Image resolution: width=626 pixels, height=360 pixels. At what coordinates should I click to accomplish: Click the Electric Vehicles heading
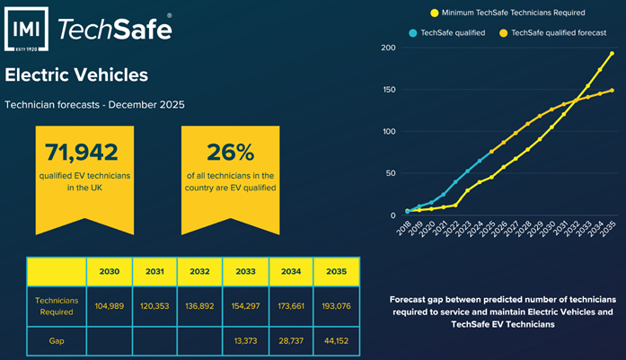coord(76,75)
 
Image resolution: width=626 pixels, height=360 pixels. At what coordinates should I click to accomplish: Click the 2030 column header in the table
coord(109,271)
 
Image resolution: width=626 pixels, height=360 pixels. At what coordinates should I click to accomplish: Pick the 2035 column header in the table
coord(336,271)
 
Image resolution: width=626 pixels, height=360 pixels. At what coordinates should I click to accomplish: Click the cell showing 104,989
coord(109,305)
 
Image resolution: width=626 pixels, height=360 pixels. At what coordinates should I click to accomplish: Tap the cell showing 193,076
coord(336,305)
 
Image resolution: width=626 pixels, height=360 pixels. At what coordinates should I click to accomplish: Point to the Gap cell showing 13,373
coord(244,341)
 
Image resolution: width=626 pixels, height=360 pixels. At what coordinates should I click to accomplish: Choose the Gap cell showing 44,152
coord(336,341)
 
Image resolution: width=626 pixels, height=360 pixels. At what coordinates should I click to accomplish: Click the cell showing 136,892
coord(199,305)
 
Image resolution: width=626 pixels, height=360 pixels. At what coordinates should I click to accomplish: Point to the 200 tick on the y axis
coord(388,48)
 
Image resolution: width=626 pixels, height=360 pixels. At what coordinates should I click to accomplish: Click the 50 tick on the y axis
coord(391,173)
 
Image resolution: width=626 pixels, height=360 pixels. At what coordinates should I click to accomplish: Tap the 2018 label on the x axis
coord(405,233)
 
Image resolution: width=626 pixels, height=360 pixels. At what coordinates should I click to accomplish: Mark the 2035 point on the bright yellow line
coord(612,53)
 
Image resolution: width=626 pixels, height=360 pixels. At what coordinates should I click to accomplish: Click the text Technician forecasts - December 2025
coord(94,105)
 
